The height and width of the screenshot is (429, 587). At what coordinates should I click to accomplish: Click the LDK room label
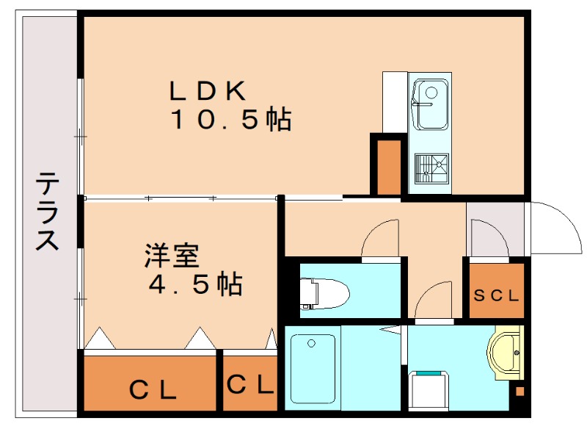tap(208, 90)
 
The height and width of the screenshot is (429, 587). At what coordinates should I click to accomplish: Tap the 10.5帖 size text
tap(231, 119)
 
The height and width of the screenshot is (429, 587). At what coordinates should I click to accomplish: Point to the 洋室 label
tap(172, 256)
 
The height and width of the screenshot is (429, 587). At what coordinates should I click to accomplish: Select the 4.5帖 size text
tap(195, 284)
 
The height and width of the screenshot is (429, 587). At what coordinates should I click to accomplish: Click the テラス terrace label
tap(48, 211)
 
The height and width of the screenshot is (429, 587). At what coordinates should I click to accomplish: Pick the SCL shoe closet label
tap(496, 295)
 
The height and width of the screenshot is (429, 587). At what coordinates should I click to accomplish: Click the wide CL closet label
tap(153, 389)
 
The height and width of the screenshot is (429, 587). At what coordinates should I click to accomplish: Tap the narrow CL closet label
tap(250, 384)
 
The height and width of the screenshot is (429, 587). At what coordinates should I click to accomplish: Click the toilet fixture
tap(324, 293)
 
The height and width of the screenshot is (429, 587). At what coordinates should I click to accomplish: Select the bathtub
tap(313, 367)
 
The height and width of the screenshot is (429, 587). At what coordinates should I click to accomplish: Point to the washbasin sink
tap(506, 353)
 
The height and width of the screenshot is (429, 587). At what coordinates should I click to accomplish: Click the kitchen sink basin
tap(430, 104)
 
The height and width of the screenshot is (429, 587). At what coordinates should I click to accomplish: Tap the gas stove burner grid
tap(431, 168)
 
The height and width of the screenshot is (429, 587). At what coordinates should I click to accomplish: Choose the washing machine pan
tap(429, 389)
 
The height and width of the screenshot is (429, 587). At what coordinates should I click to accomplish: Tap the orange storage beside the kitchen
tap(389, 167)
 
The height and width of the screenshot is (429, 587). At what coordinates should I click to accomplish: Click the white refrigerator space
tap(395, 102)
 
